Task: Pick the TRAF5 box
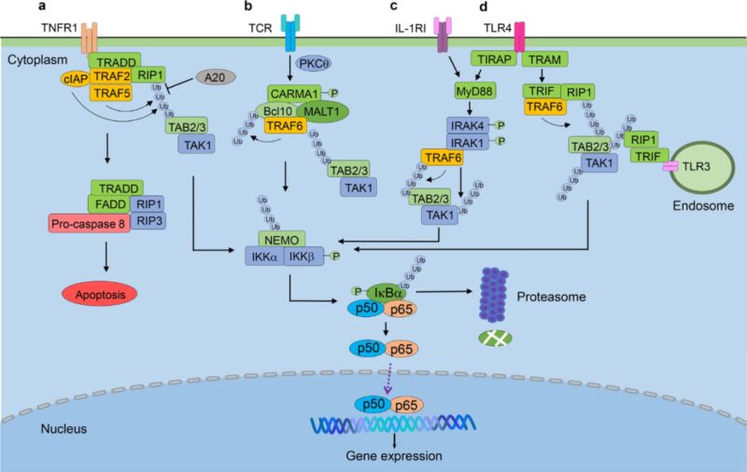coord(108,93)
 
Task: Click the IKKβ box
coord(300,257)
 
